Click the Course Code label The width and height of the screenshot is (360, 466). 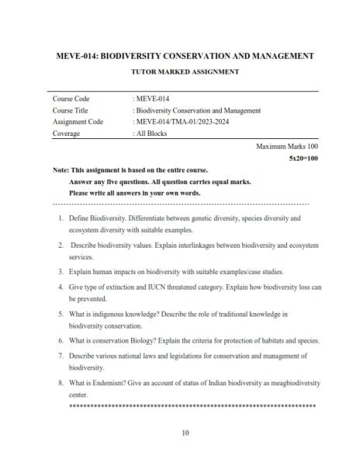tap(71, 99)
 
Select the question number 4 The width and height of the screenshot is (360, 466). tap(61, 287)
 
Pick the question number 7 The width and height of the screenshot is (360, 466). tap(61, 356)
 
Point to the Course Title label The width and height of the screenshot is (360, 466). tap(71, 110)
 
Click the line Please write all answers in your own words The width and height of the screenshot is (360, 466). tap(135, 192)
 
